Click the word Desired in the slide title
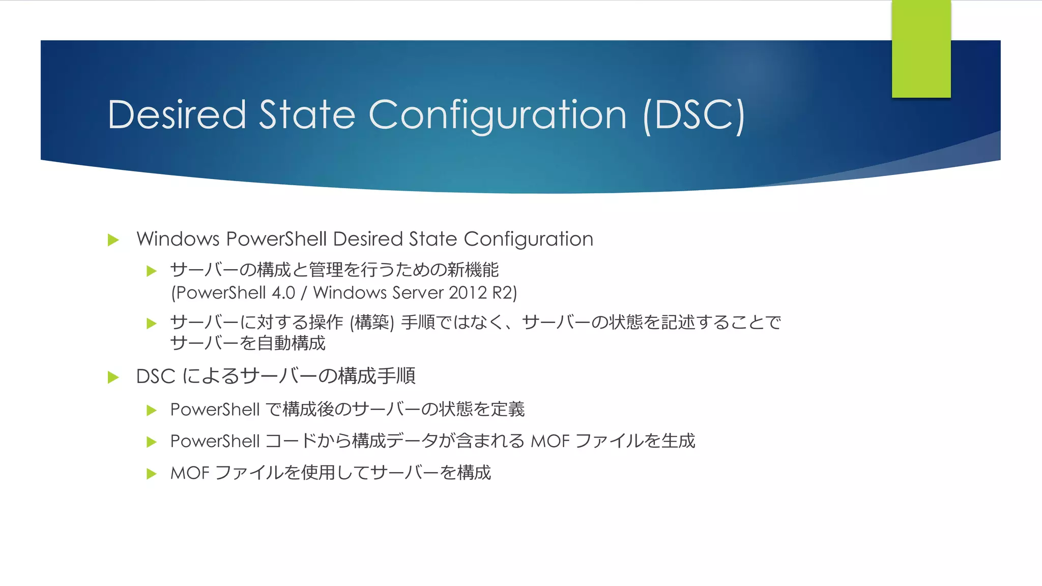point(177,115)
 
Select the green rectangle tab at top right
point(921,49)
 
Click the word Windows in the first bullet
point(178,239)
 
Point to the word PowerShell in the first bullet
point(277,239)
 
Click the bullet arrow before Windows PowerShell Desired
point(113,240)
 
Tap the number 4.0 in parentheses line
point(283,293)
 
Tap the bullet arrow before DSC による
point(113,377)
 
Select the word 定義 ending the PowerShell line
point(507,409)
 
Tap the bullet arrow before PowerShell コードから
point(151,442)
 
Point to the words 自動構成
point(291,343)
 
